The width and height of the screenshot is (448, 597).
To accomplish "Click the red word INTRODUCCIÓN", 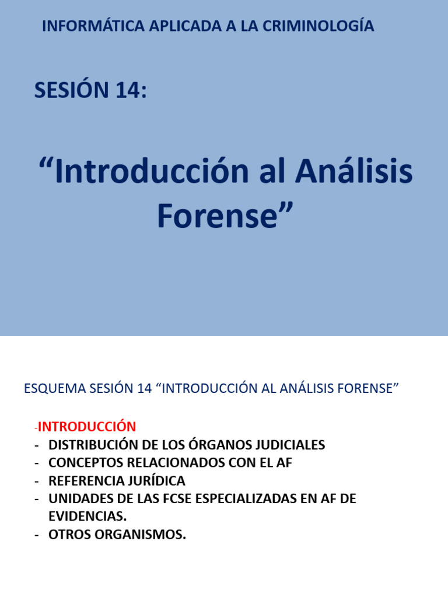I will pos(87,427).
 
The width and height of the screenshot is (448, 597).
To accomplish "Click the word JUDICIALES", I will pos(292,445).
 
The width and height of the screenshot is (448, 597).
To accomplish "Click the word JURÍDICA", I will pos(157,481).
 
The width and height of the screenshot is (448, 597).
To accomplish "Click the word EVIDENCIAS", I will pos(87,517).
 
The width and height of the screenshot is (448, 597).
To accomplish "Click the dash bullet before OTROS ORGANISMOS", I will pos(37,535).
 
